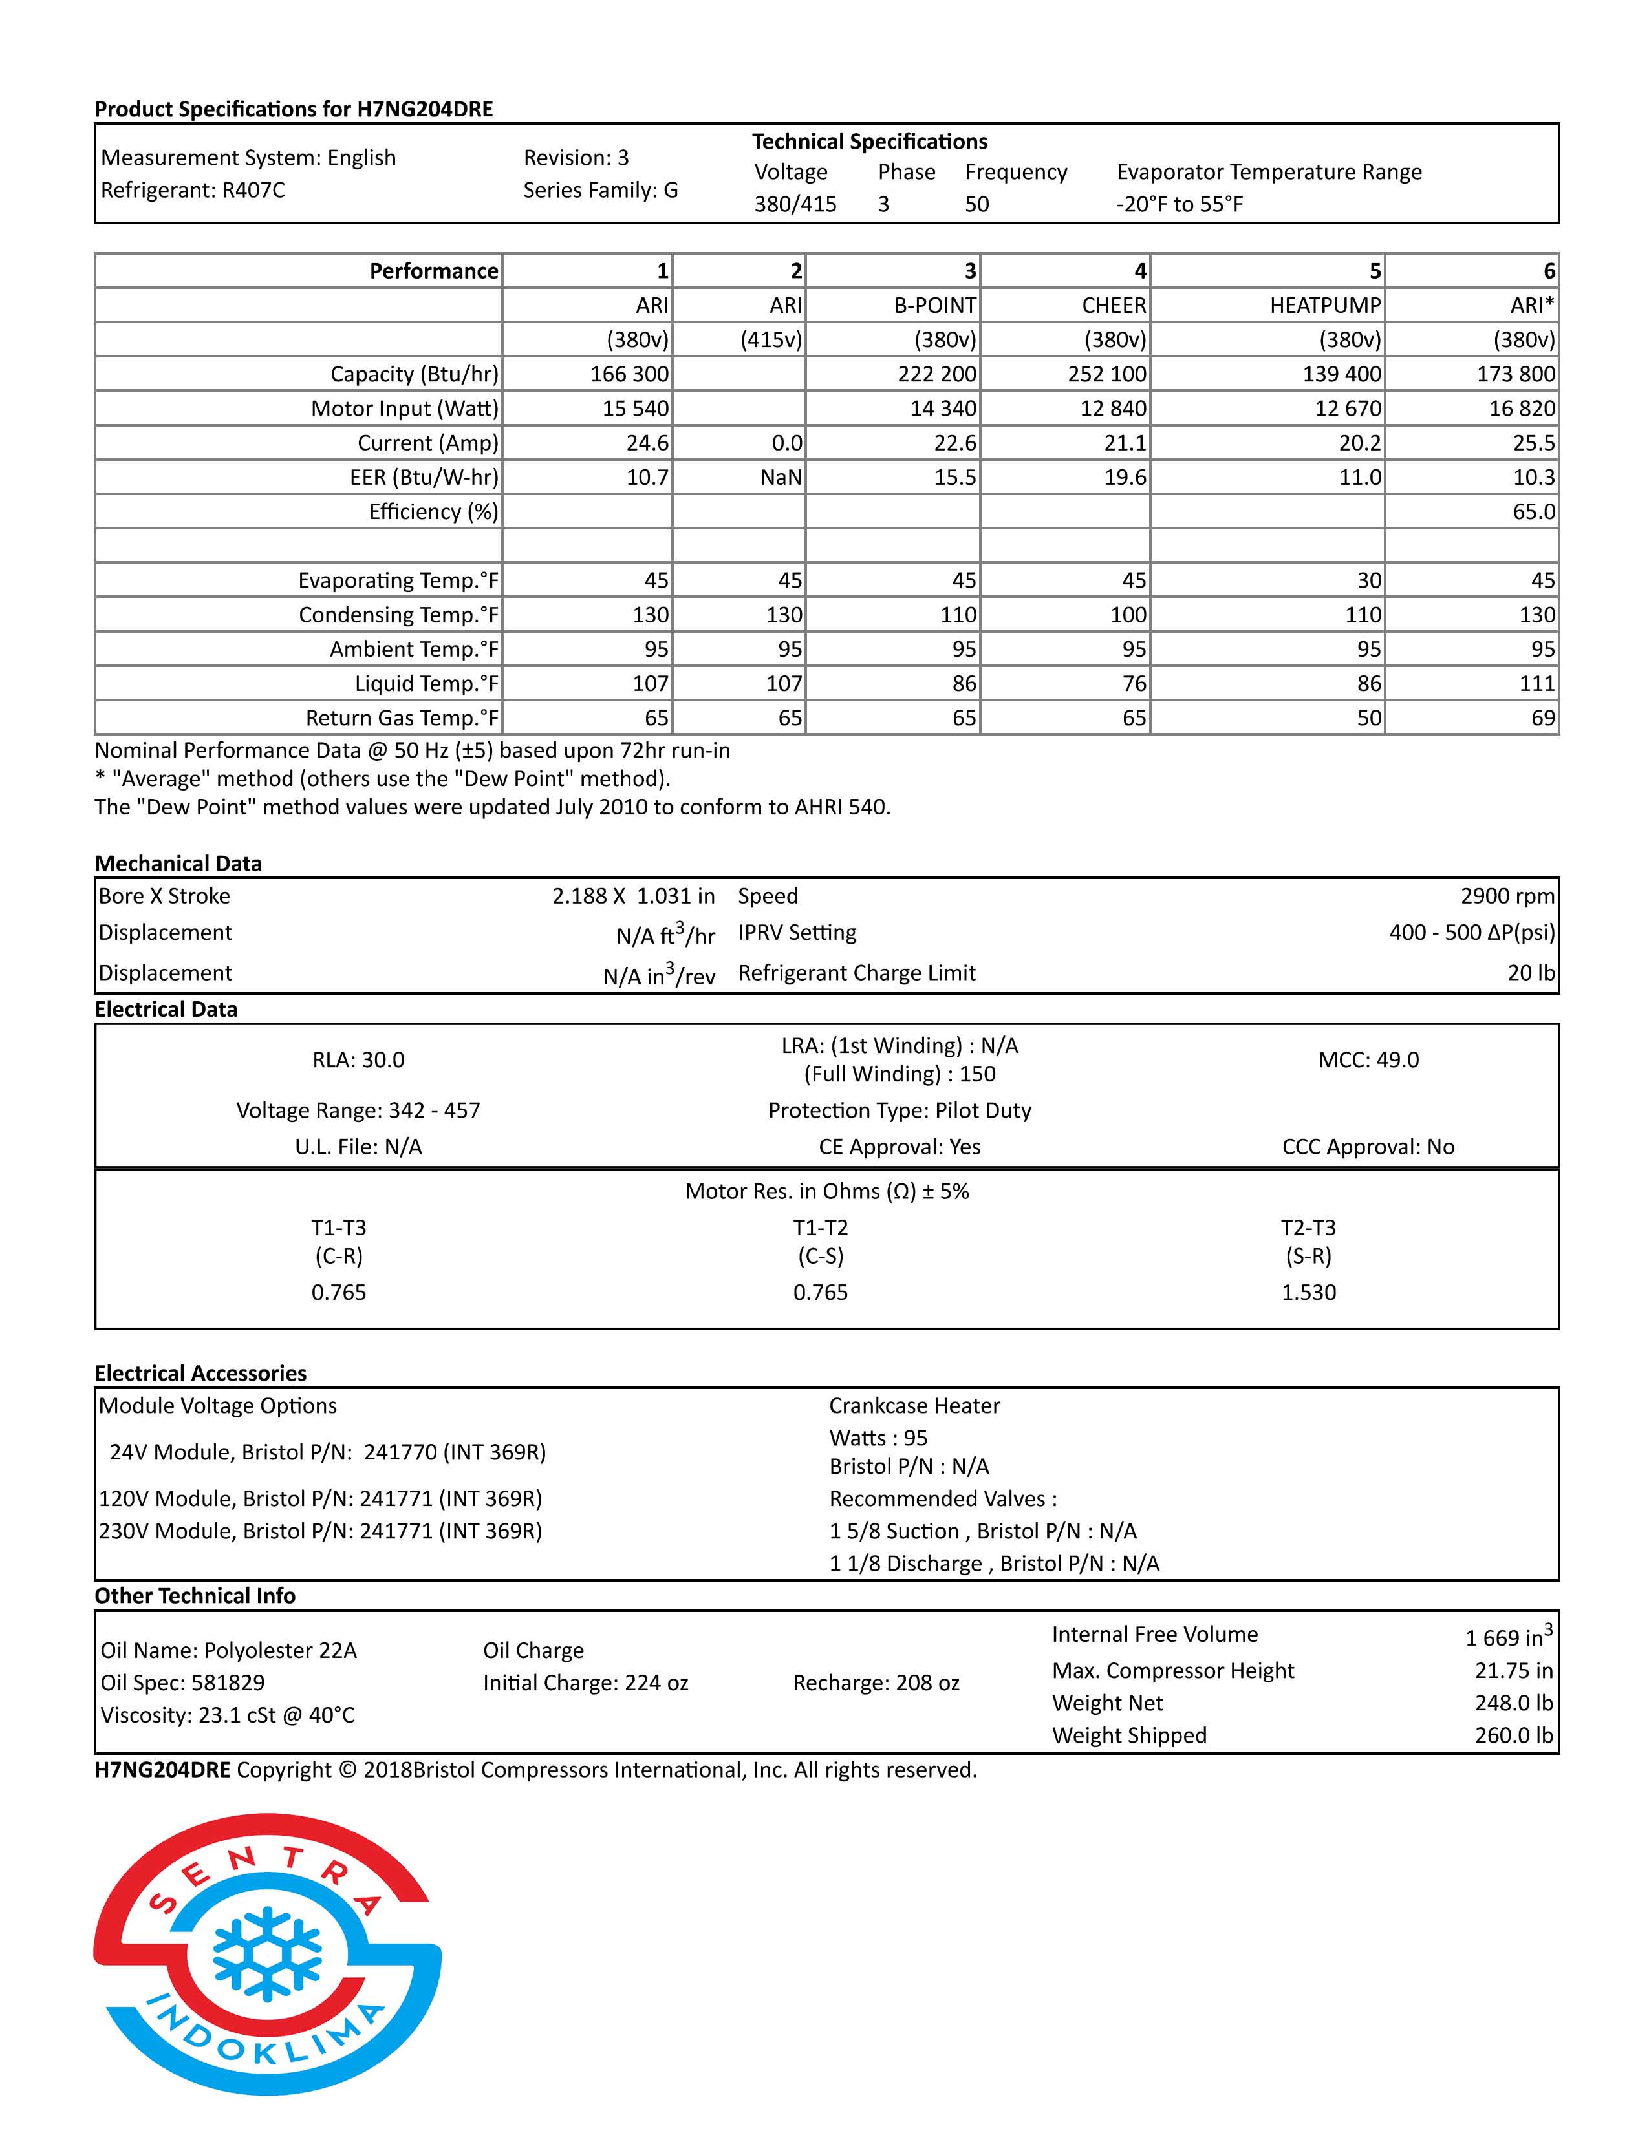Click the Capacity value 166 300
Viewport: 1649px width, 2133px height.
point(629,374)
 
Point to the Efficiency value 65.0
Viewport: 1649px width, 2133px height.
point(1533,512)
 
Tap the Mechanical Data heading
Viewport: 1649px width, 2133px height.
point(178,864)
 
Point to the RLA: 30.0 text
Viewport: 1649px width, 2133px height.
point(358,1059)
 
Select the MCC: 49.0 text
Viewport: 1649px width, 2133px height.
point(1368,1059)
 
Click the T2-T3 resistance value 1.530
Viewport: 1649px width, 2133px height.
point(1308,1292)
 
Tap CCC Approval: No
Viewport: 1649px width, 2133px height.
point(1368,1147)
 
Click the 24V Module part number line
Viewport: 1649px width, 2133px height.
point(327,1452)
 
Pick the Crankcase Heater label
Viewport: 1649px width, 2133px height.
point(914,1405)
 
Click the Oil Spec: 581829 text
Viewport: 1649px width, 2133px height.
point(182,1682)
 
